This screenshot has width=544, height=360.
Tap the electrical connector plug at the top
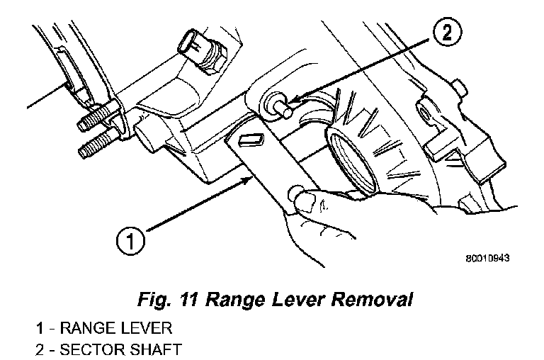pyautogui.click(x=193, y=44)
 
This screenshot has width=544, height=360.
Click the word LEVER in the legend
pyautogui.click(x=146, y=329)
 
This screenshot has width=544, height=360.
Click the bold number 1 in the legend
pyautogui.click(x=41, y=329)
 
